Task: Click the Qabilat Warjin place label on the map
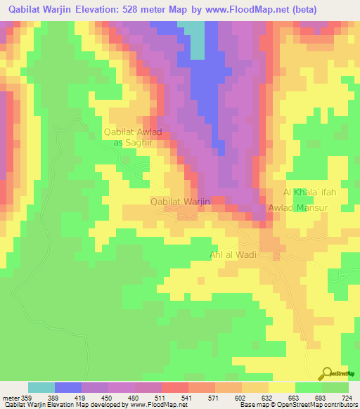coord(181,202)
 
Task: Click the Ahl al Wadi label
coord(233,255)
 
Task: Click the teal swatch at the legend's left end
coord(41,387)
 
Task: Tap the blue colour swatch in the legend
coord(68,387)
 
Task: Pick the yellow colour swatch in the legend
coord(282,387)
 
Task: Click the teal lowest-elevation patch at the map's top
coord(195,39)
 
